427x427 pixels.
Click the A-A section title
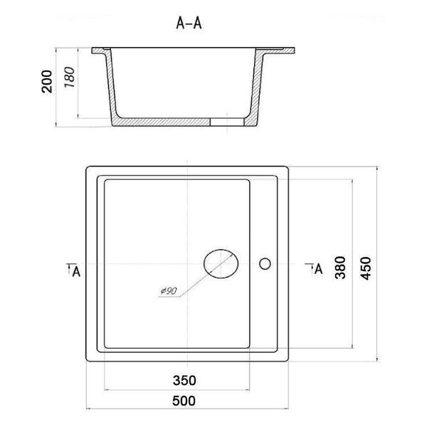point(189,23)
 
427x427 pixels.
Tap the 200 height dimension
point(47,81)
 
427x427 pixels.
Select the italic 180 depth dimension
point(70,77)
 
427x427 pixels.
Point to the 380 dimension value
point(340,268)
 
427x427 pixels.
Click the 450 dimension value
point(366,268)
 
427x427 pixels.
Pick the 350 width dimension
point(184,381)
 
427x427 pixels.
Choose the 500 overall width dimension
point(184,401)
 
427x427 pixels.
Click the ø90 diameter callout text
point(169,291)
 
